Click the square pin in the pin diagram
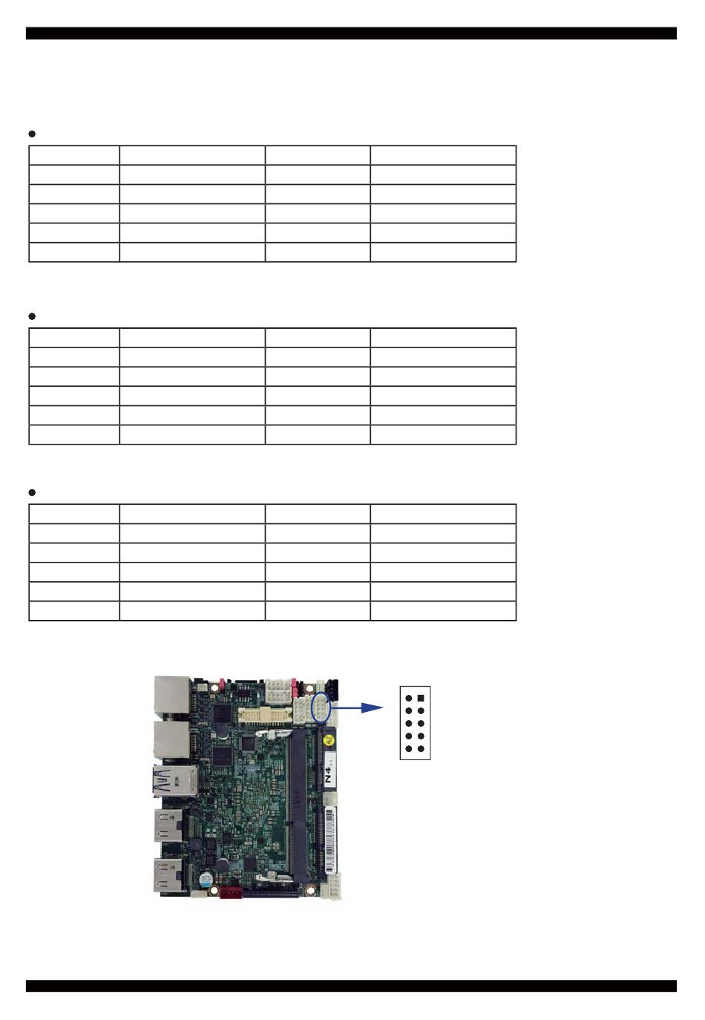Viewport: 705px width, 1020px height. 421,698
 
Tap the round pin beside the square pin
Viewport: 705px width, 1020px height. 409,698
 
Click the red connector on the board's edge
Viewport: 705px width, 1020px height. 231,891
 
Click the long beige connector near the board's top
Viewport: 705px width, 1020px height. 263,715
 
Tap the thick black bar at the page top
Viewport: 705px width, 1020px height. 351,33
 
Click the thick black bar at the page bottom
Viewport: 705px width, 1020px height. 351,986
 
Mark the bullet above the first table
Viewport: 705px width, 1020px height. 32,134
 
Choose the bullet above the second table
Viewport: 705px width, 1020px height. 32,316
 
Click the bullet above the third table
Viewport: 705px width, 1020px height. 32,492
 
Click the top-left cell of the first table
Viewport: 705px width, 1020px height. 74,155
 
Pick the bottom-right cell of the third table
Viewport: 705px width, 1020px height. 443,611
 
